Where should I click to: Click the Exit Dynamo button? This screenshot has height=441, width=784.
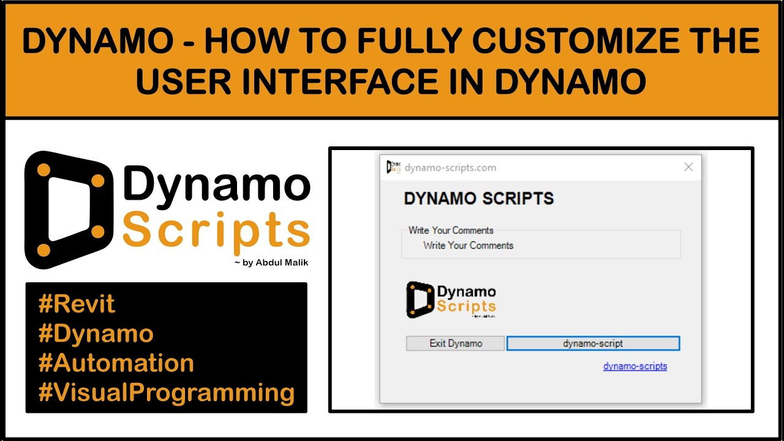pos(455,343)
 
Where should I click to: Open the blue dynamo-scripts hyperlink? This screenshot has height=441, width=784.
pos(635,366)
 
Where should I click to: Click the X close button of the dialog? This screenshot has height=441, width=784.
pos(688,167)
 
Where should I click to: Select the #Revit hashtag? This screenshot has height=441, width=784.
pos(77,304)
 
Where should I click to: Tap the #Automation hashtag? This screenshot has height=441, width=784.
pos(116,363)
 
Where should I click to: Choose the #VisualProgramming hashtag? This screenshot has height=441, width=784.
pos(166,392)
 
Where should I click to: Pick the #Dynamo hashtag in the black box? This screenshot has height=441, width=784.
pos(96,333)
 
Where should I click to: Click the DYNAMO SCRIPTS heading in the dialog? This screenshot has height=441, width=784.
pos(478,198)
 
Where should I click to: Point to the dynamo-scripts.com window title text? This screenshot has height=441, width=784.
pos(450,167)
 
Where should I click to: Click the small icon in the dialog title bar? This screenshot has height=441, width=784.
pos(393,167)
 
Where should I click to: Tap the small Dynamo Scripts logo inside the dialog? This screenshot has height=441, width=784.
pos(451,300)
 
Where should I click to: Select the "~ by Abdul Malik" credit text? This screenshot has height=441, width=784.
pos(271,263)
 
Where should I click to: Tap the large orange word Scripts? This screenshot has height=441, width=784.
pos(216,231)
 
